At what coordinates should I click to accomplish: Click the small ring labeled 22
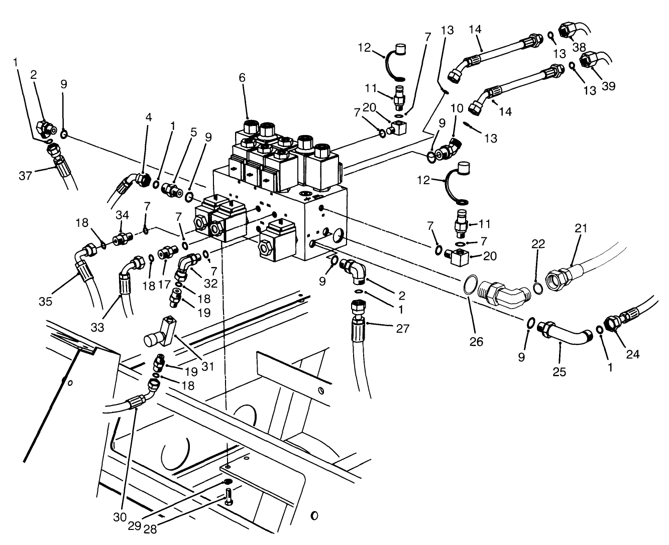coord(537,289)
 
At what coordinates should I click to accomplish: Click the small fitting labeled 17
coord(167,251)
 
